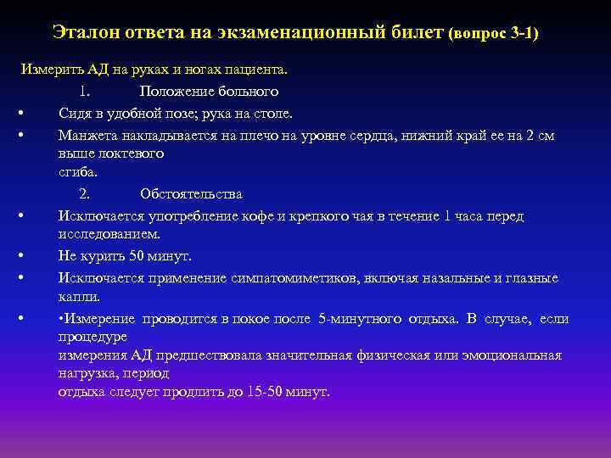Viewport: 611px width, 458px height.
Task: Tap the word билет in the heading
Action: coord(416,32)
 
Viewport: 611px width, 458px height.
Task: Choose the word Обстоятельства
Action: coord(191,194)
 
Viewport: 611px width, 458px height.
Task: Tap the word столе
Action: coord(272,113)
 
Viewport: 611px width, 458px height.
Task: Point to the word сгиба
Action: coord(77,172)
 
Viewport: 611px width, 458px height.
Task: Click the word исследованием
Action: coord(109,234)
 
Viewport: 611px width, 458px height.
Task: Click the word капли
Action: coord(78,297)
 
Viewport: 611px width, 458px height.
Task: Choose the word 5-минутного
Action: coord(360,319)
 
